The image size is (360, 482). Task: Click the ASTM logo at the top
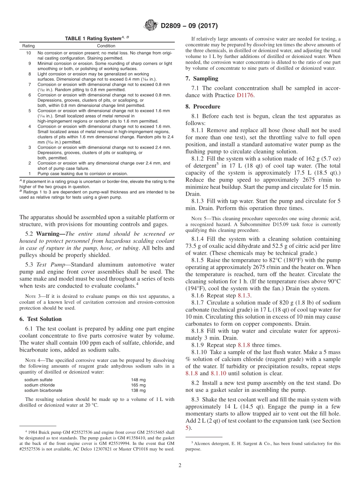pos(151,26)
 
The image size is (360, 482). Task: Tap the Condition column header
pos(106,46)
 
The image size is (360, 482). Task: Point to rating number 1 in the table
pos(30,174)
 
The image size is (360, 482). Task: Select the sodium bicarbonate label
pos(43,390)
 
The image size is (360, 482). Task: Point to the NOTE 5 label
pos(199,218)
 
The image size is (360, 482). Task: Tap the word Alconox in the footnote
pos(202,443)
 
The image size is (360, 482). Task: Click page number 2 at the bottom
pos(180,465)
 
